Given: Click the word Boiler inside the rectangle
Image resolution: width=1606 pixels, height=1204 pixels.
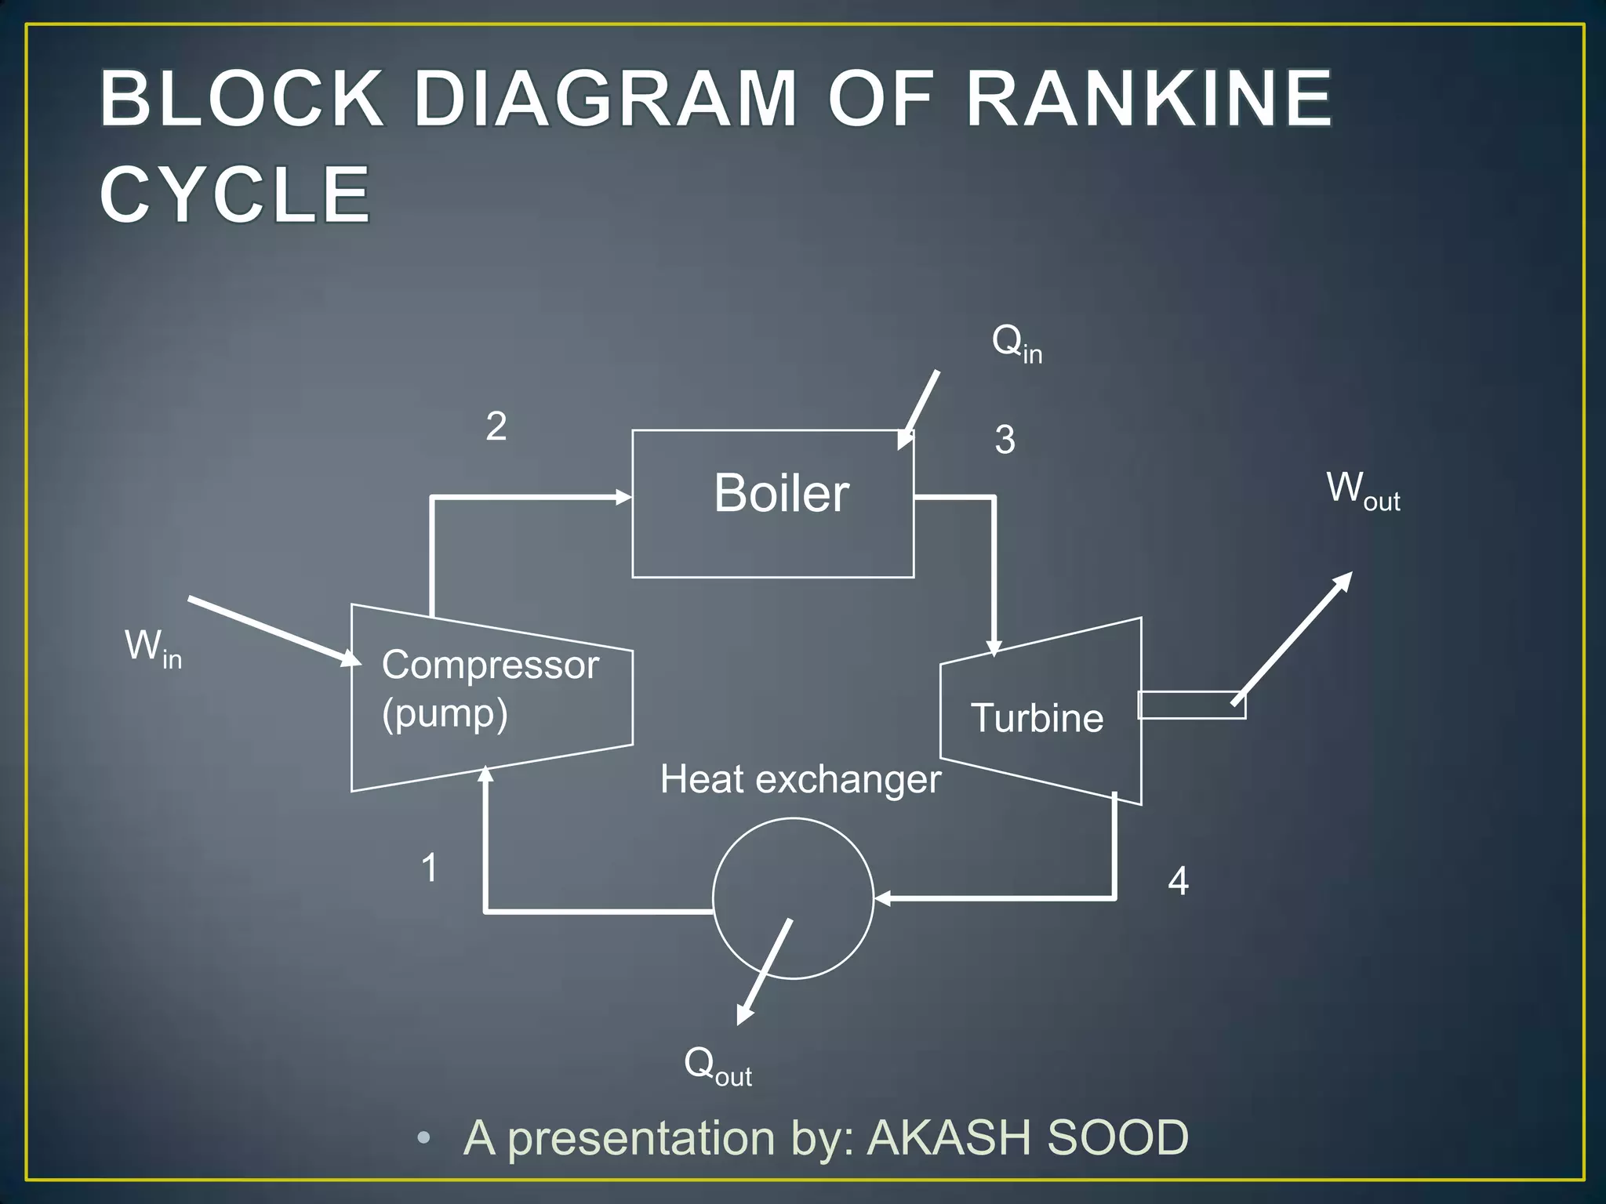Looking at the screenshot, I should (x=781, y=494).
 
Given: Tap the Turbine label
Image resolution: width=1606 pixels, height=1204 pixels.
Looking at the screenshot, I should (x=1037, y=718).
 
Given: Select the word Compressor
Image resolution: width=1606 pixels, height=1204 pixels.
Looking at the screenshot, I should (x=490, y=665).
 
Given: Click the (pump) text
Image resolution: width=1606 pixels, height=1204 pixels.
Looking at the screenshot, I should (x=445, y=714).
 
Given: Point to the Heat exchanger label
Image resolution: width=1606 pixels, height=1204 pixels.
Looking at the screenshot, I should (x=800, y=780).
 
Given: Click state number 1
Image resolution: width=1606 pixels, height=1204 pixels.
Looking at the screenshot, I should (x=429, y=868).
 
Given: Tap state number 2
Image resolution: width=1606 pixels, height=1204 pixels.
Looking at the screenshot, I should (x=496, y=426).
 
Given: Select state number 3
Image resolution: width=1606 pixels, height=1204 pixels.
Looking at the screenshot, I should (x=1005, y=440).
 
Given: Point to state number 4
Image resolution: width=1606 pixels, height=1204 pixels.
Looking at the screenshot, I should (x=1178, y=881).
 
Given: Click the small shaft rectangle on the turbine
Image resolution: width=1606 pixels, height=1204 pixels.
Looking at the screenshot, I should (x=1190, y=705).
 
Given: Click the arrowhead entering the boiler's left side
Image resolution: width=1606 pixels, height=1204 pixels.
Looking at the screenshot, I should (x=624, y=497).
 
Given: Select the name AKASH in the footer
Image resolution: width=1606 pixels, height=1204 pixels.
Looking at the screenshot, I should (x=950, y=1137).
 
